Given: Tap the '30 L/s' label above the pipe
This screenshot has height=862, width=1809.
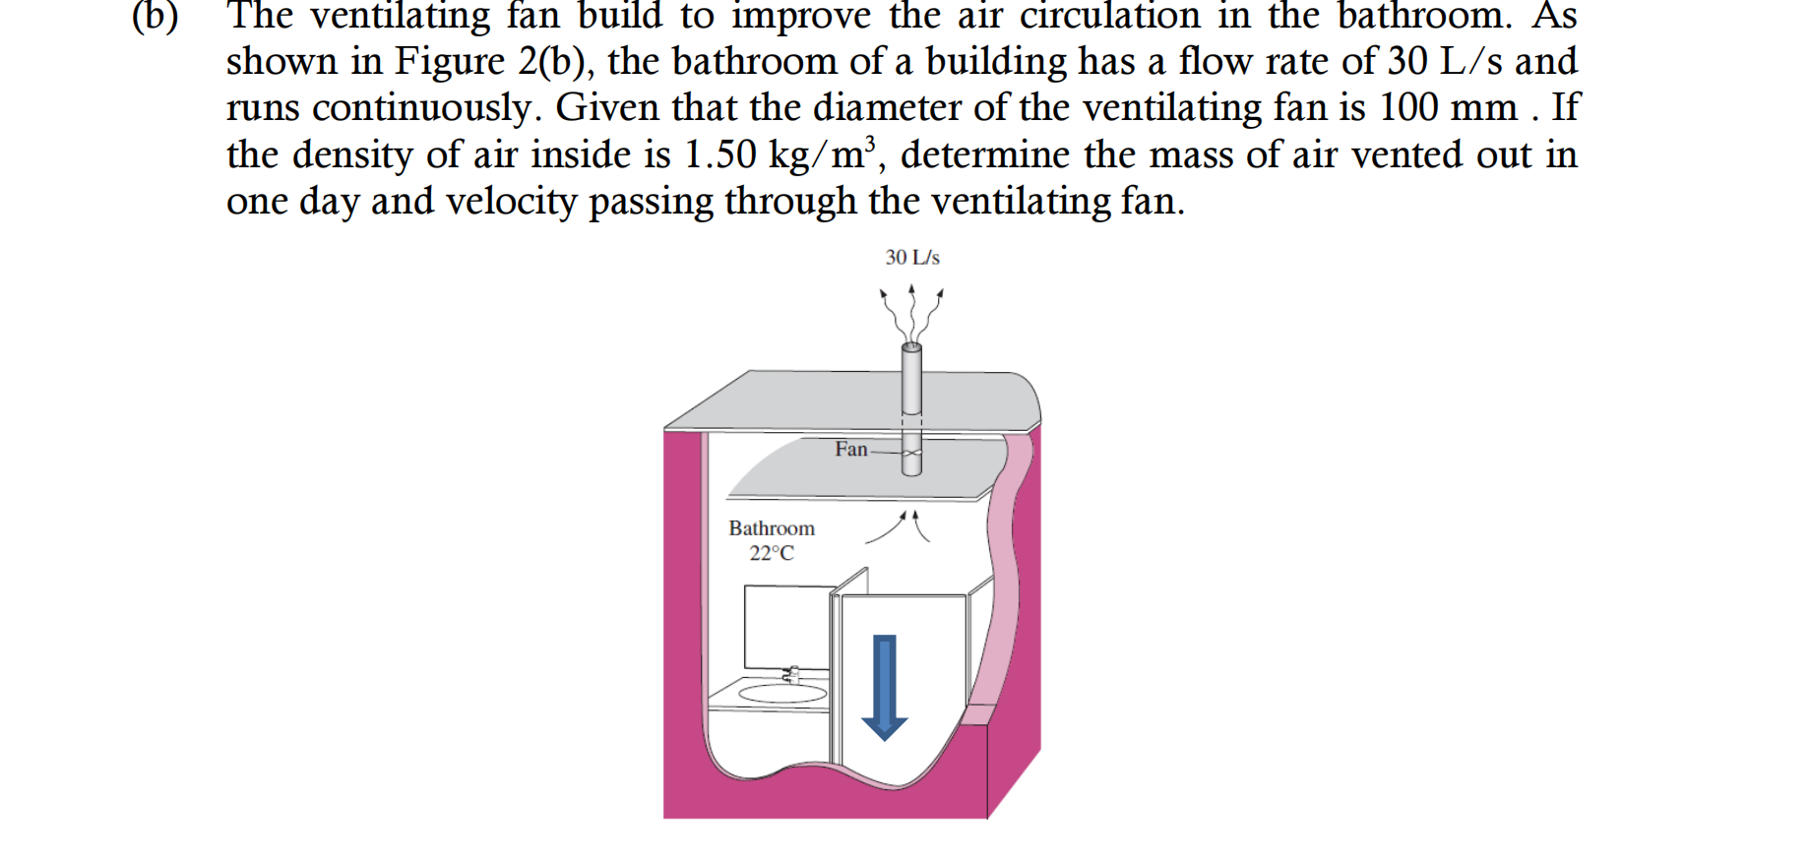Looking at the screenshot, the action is (912, 258).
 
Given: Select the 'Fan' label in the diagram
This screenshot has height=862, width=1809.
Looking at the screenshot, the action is (851, 450).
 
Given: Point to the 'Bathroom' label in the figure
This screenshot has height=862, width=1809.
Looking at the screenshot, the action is (772, 528).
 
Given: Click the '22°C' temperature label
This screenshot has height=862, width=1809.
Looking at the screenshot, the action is (772, 554).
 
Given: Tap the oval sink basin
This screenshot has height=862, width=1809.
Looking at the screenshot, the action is (782, 694).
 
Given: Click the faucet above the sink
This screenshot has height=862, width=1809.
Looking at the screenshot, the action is (792, 674).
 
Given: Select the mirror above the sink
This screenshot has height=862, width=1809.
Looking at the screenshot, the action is (786, 626).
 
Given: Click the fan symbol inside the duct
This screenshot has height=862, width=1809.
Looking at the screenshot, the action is (912, 454).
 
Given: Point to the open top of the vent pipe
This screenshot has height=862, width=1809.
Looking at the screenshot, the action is (912, 346).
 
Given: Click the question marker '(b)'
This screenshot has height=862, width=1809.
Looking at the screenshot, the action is (156, 17).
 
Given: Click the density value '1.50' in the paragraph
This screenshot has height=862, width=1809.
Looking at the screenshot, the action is (720, 154).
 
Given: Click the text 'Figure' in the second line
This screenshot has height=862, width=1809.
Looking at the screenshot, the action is (450, 62).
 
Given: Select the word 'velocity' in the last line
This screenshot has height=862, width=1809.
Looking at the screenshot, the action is (511, 202).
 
